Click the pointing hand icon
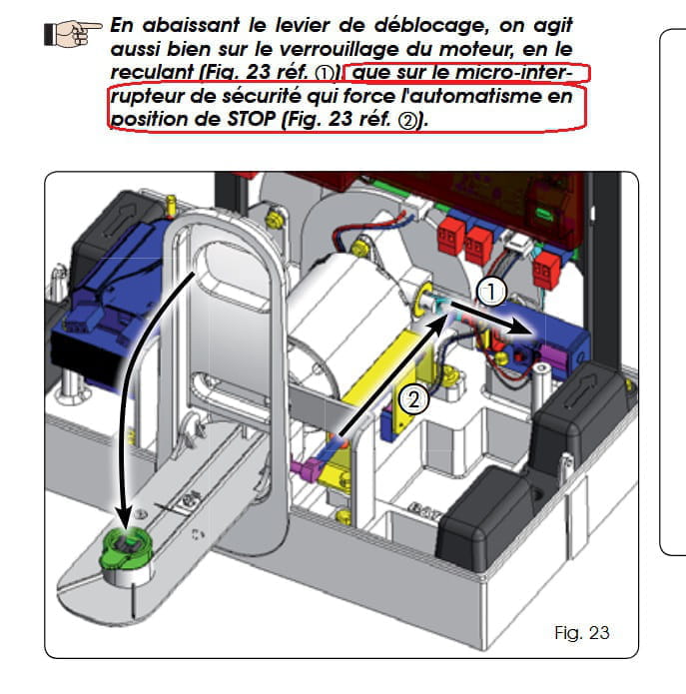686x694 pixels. pyautogui.click(x=73, y=33)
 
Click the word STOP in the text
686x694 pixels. pyautogui.click(x=252, y=119)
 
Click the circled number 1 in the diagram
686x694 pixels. pyautogui.click(x=491, y=292)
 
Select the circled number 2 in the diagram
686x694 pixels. pyautogui.click(x=413, y=399)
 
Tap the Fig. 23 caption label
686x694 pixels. pyautogui.click(x=581, y=632)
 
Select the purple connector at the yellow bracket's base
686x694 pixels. pyautogui.click(x=308, y=467)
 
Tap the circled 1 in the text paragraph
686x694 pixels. pyautogui.click(x=325, y=73)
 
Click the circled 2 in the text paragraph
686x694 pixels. pyautogui.click(x=408, y=120)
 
